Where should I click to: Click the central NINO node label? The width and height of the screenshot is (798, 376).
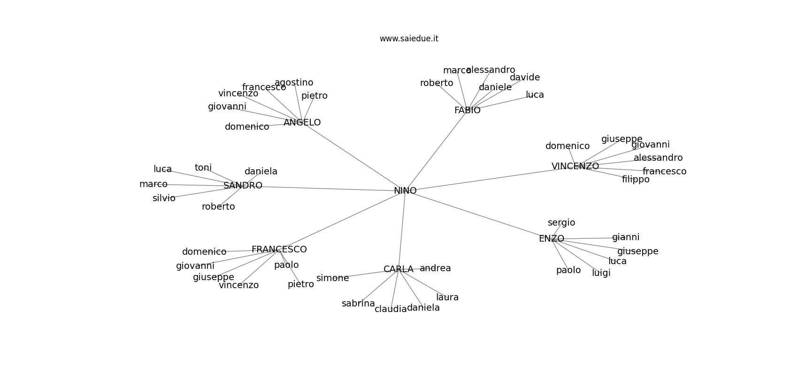(405, 191)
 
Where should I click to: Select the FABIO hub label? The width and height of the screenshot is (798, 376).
(467, 110)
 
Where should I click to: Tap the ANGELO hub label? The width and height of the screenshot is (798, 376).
(302, 123)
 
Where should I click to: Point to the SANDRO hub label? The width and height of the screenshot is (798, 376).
(243, 186)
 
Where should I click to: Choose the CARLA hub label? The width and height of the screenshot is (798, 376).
(398, 269)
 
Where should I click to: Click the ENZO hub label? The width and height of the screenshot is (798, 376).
(551, 239)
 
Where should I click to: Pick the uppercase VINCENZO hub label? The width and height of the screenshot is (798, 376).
(575, 166)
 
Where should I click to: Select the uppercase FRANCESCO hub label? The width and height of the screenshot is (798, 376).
(279, 250)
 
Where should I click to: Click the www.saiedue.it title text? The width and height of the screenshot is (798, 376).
(409, 39)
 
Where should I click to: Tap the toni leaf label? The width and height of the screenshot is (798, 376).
(203, 168)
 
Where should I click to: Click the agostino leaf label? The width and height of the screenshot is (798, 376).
(294, 83)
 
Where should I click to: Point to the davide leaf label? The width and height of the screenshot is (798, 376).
(525, 78)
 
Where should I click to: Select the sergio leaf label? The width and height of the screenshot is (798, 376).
(561, 223)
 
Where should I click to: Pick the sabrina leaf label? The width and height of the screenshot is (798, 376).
(358, 304)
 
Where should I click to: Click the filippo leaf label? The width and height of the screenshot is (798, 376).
(636, 180)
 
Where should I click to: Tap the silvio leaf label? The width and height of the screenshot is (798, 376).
(164, 198)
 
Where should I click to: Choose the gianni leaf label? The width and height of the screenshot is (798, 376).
(626, 237)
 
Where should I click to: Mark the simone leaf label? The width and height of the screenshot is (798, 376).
(332, 278)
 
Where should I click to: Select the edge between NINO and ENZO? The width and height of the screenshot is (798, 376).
(479, 215)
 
